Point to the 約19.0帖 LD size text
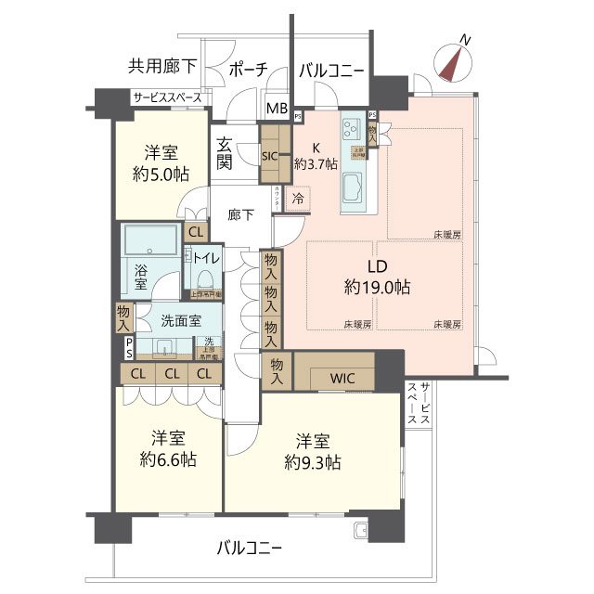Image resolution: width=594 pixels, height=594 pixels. click(376, 288)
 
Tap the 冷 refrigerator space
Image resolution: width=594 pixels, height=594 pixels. click(298, 198)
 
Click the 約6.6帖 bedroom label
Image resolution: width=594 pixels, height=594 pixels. click(167, 458)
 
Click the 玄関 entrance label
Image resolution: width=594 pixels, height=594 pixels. click(226, 154)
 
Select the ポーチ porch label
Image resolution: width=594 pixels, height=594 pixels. click(248, 70)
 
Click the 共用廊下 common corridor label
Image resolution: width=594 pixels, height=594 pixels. click(162, 66)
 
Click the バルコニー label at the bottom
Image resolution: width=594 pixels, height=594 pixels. click(249, 547)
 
